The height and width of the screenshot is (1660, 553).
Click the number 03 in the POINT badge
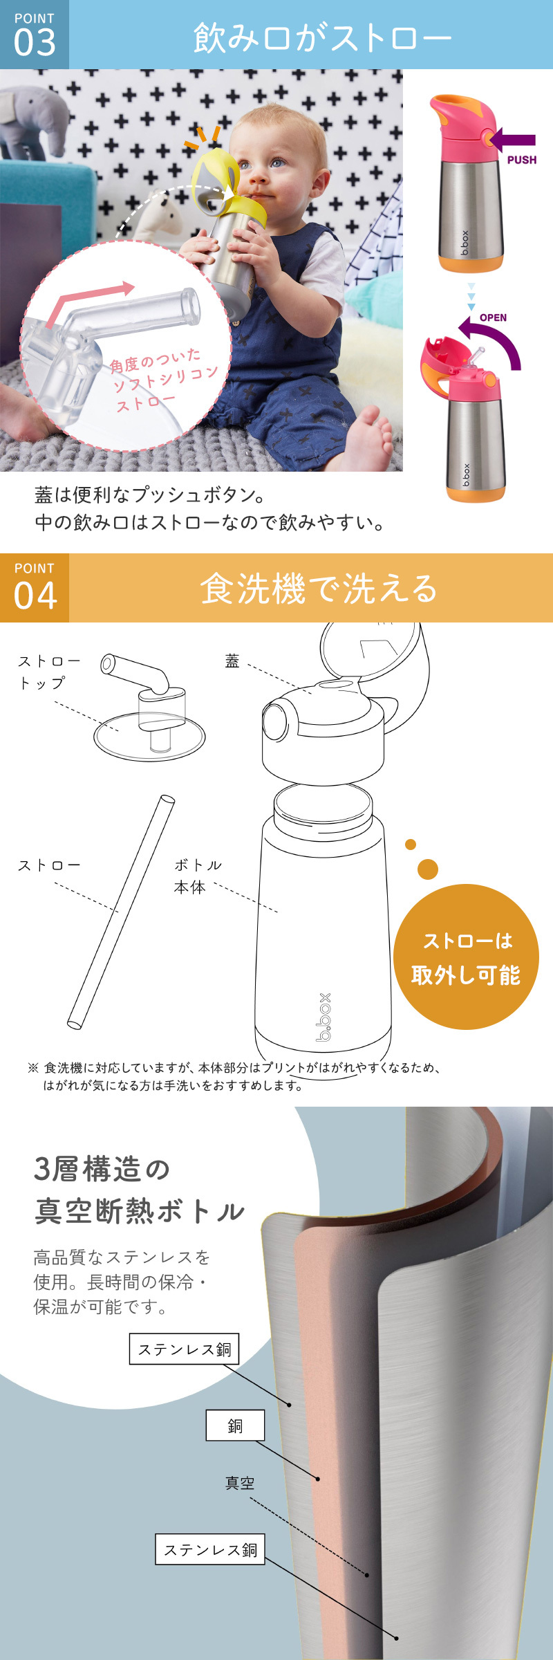point(35,43)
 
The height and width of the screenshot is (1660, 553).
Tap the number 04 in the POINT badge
point(35,596)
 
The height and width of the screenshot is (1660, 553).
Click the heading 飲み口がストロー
point(321,37)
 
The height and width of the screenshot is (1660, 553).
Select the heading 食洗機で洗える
point(319,589)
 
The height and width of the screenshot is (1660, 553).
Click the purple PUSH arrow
point(512,140)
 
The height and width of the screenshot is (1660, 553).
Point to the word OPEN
point(493,317)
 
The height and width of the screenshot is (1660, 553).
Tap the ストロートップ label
point(48,672)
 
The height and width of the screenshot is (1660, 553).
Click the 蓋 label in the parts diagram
point(232,661)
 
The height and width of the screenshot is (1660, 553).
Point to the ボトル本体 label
point(198,876)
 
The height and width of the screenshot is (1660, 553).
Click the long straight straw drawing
point(121,912)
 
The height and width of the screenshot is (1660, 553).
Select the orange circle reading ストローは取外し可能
point(466,957)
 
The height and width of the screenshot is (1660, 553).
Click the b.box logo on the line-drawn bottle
point(324,1017)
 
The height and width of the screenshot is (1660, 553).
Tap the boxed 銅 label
point(235,1425)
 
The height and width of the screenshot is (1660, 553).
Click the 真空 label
point(240,1483)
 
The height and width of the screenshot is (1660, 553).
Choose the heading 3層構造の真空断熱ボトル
point(138,1190)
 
